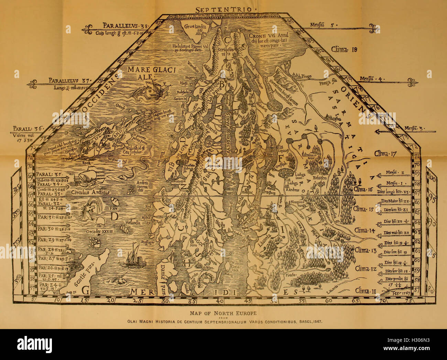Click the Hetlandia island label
point(129,222)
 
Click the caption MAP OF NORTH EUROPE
point(223,313)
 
